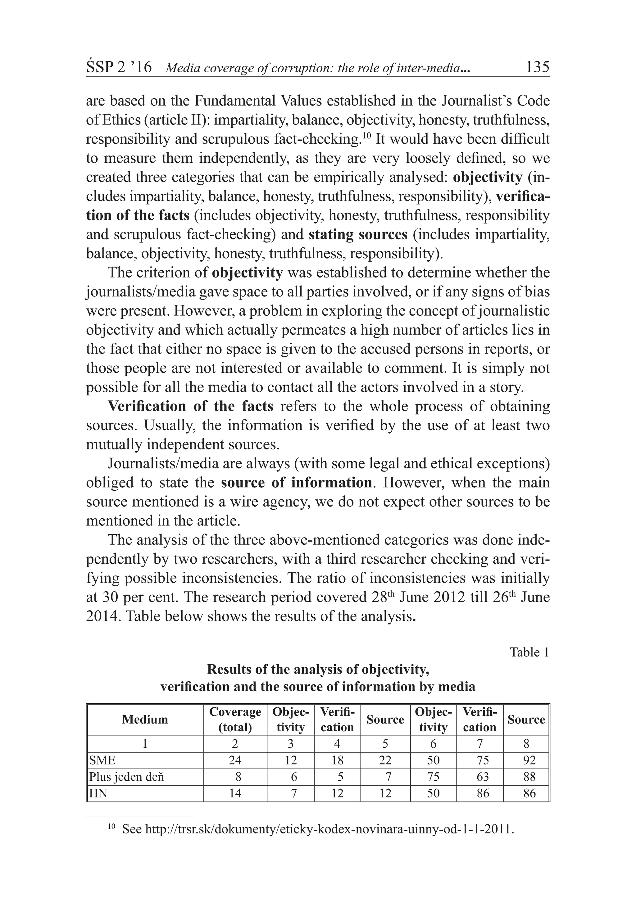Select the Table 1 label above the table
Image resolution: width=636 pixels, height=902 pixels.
(529, 652)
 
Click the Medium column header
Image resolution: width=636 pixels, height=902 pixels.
(145, 719)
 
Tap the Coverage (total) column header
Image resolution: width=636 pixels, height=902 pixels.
(235, 719)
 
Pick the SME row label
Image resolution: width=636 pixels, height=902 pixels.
(102, 760)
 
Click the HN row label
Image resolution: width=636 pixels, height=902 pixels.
(98, 793)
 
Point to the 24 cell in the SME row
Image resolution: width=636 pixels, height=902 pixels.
(235, 760)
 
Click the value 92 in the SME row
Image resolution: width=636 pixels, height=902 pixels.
(529, 760)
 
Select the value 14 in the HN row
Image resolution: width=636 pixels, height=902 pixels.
(235, 793)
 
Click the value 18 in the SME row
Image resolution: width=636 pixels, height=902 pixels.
(337, 760)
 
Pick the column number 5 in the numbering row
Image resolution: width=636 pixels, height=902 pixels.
(385, 744)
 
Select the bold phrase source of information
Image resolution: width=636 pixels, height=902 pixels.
(296, 482)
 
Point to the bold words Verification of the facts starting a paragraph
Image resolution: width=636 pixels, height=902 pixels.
(190, 406)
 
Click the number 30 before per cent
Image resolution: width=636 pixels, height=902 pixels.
(111, 597)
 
